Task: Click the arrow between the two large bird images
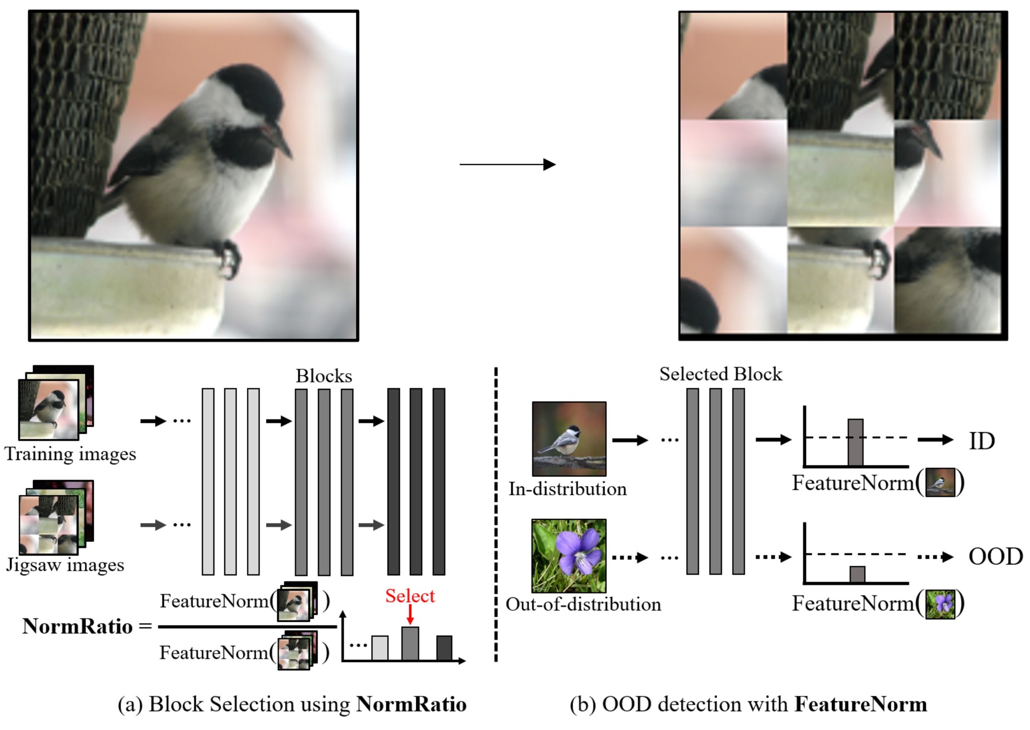point(507,164)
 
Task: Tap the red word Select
point(410,596)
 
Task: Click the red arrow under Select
point(410,614)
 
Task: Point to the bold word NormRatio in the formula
point(78,626)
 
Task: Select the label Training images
point(71,454)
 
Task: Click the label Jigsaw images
point(65,564)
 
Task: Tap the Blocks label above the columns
point(324,376)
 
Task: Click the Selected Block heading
point(721,374)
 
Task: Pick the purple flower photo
point(569,556)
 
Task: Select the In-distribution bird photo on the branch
point(569,438)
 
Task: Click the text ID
point(982,441)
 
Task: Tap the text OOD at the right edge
point(995,557)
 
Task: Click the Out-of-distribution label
point(583,604)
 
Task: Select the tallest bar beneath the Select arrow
point(410,643)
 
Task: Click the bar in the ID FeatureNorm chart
point(855,442)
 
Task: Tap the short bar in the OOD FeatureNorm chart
point(857,574)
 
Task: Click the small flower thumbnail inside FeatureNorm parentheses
point(940,605)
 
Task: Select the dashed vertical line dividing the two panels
point(496,514)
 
